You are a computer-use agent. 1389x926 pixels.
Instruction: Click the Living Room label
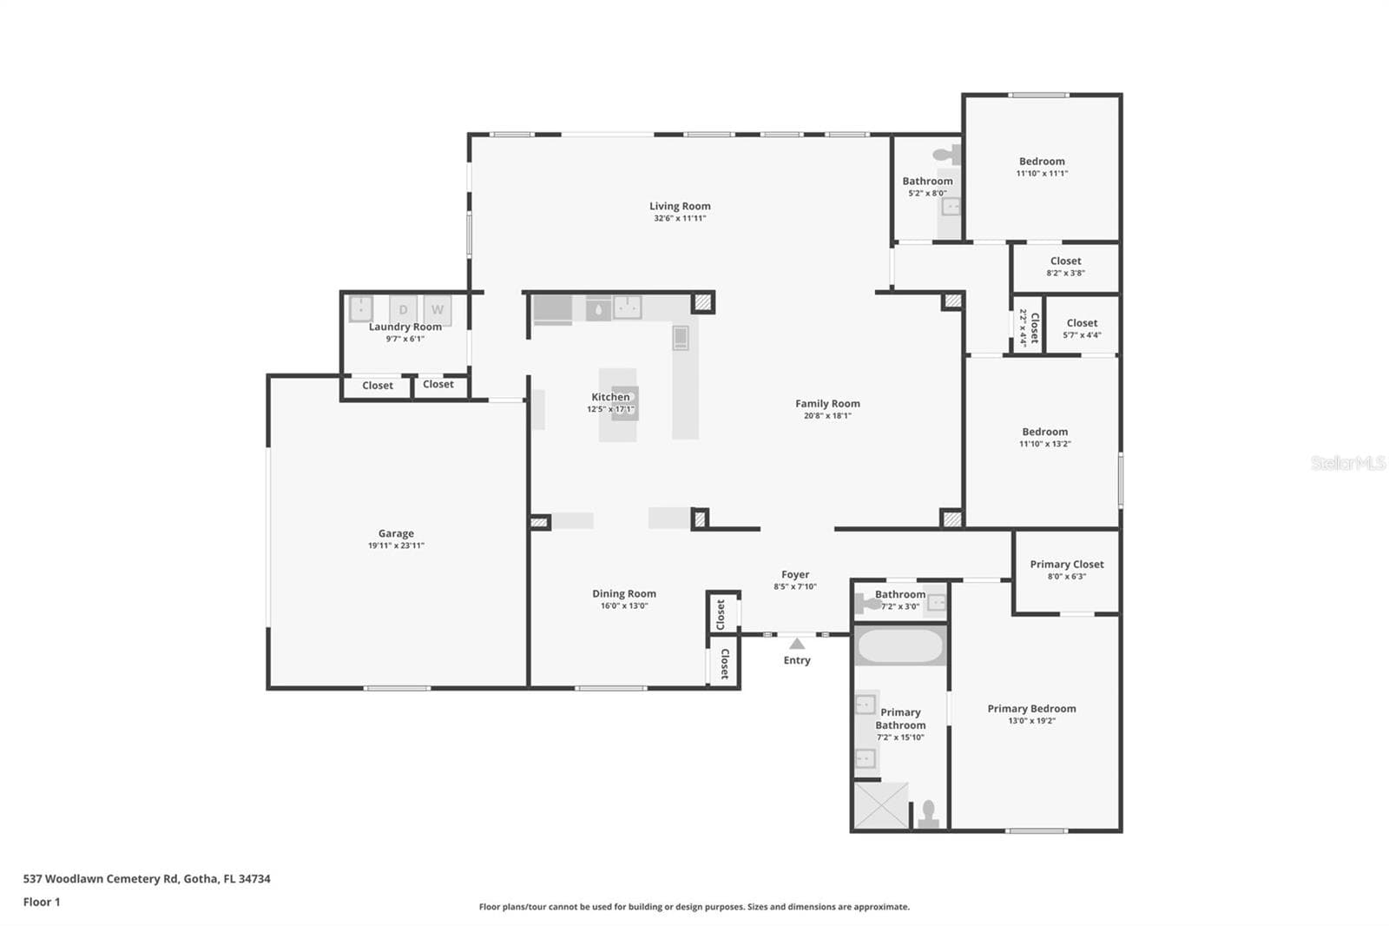tap(680, 206)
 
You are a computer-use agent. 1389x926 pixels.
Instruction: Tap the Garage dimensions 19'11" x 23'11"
tap(396, 546)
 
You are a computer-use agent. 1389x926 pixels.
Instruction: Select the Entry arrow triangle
tap(797, 645)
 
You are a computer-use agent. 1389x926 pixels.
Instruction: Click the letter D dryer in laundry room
tap(403, 310)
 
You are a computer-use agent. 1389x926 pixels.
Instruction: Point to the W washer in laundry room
tap(438, 310)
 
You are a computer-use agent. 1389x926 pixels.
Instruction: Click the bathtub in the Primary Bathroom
tap(900, 646)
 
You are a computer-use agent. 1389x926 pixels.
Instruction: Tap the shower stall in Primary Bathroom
tap(881, 805)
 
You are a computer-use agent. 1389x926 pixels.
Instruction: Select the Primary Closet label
tap(1067, 564)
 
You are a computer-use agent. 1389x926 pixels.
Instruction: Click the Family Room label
tap(827, 403)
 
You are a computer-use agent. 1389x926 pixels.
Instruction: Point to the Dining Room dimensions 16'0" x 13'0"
tap(624, 605)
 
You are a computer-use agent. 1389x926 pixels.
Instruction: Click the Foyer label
tap(795, 575)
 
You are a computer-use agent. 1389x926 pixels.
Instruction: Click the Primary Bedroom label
tap(1031, 709)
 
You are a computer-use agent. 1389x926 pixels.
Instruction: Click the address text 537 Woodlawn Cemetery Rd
tap(101, 879)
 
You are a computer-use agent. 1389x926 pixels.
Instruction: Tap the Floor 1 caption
tap(42, 903)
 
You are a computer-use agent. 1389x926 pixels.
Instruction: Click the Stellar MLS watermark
tap(1348, 462)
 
